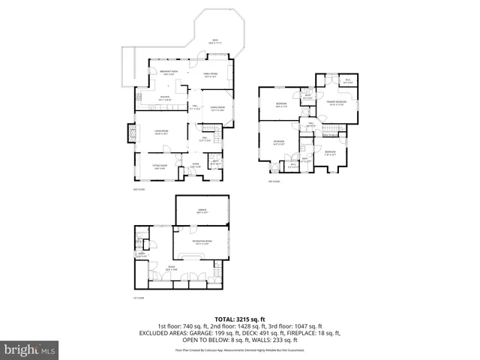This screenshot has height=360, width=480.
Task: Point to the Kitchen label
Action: pyautogui.click(x=165, y=98)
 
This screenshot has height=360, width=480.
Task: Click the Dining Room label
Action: pyautogui.click(x=217, y=108)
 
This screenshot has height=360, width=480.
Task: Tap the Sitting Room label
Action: pyautogui.click(x=159, y=166)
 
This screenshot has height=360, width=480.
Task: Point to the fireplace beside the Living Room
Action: pyautogui.click(x=130, y=133)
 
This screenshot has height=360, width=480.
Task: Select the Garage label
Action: pyautogui.click(x=202, y=211)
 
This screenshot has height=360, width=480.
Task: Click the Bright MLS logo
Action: pyautogui.click(x=29, y=349)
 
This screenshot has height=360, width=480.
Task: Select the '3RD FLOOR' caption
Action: pyautogui.click(x=274, y=181)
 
